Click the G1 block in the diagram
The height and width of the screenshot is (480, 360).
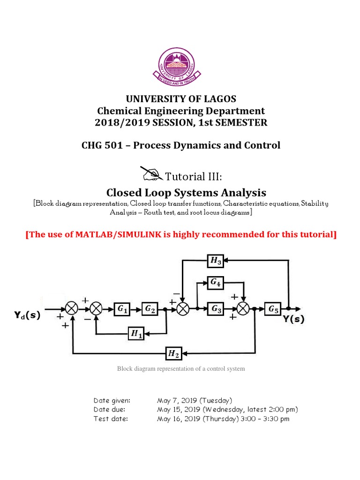(122, 309)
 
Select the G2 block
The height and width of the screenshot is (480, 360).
(150, 309)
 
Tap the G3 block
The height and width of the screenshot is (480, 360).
(216, 309)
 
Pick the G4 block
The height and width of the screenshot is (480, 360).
(216, 282)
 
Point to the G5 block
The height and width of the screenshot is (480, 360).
(273, 309)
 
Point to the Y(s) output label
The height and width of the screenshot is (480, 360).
(293, 321)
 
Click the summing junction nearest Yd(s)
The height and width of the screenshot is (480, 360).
(72, 309)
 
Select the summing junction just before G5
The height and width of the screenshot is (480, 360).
(243, 309)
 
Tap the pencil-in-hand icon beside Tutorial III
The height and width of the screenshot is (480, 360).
(151, 174)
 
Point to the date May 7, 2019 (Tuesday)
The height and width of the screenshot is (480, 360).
(194, 400)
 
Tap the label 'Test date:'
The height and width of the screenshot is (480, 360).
(110, 419)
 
